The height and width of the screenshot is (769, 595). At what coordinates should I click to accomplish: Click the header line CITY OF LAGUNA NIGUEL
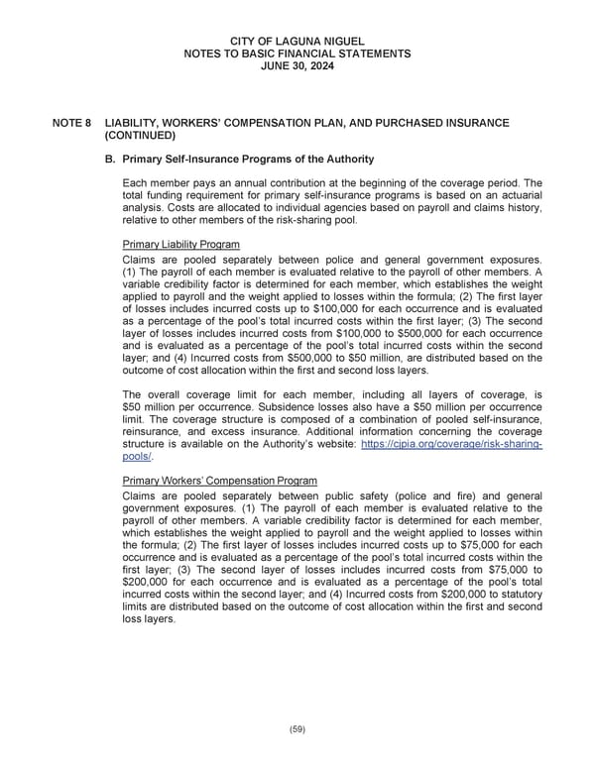pos(297,39)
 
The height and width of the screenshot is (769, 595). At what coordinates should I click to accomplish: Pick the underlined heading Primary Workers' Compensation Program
pos(219,481)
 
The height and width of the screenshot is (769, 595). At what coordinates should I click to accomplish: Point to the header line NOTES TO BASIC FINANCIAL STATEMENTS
pos(297,52)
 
